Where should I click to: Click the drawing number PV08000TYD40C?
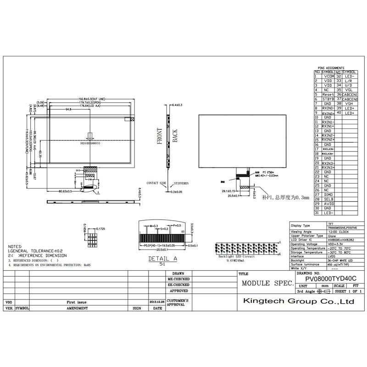pos(331,278)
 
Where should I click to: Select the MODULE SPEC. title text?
pos(267,283)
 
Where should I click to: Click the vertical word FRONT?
pos(160,136)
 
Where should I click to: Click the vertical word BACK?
pos(175,136)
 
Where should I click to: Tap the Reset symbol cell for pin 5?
pos(328,95)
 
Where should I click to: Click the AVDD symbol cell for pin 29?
pos(328,204)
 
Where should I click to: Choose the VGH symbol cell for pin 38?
pos(350,104)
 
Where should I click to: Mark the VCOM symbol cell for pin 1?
pos(328,76)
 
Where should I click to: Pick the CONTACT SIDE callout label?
pos(156,183)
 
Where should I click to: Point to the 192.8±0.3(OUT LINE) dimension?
pos(92,99)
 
